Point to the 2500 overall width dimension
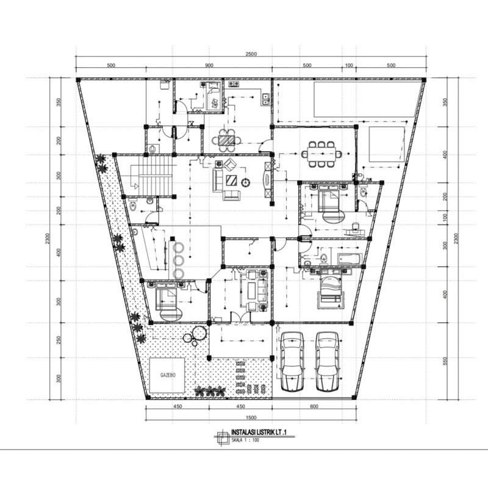[x=251, y=54]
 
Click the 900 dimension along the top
[x=209, y=65]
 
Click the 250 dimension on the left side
[x=59, y=340]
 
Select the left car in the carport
[x=292, y=361]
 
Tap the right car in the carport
[x=328, y=361]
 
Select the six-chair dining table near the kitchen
[x=226, y=141]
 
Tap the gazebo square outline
[x=168, y=376]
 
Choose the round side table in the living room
[x=245, y=182]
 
